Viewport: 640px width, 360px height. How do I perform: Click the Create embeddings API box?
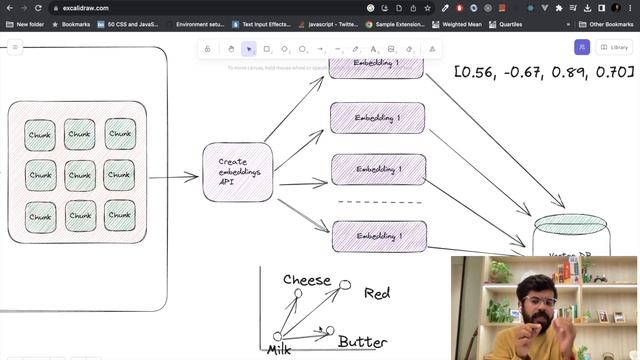click(238, 172)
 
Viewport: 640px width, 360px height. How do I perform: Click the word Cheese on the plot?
click(307, 280)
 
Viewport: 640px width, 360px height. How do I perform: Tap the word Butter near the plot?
click(362, 342)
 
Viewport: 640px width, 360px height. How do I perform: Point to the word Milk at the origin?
click(278, 350)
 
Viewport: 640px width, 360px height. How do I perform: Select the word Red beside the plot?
click(377, 293)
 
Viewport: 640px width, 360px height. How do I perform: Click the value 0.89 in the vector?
click(579, 72)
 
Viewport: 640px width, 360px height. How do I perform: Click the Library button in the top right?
click(613, 47)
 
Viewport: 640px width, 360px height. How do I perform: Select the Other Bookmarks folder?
click(607, 24)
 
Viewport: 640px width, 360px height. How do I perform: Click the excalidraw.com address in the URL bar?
click(85, 8)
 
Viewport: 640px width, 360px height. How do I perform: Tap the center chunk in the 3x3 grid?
click(80, 175)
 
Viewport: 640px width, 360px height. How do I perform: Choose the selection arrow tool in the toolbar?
click(249, 48)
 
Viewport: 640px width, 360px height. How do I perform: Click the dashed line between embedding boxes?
click(378, 203)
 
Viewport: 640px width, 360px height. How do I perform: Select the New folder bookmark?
click(29, 24)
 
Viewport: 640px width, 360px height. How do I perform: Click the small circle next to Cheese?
click(298, 293)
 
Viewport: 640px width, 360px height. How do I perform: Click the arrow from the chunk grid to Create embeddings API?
click(174, 178)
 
